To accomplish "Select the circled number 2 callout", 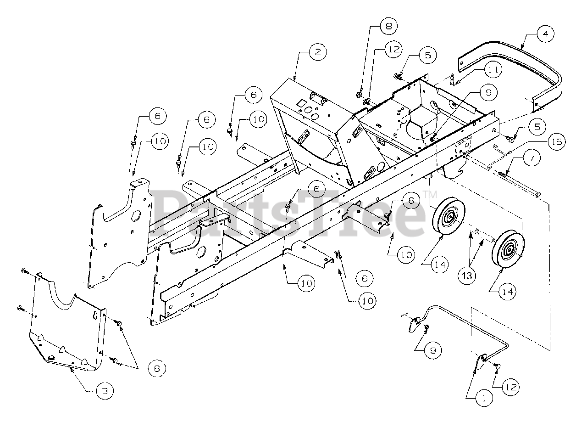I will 317,51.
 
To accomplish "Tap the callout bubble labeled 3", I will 105,391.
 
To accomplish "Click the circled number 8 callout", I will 388,26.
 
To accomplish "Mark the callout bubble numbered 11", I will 493,70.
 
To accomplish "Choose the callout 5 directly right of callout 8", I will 427,55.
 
